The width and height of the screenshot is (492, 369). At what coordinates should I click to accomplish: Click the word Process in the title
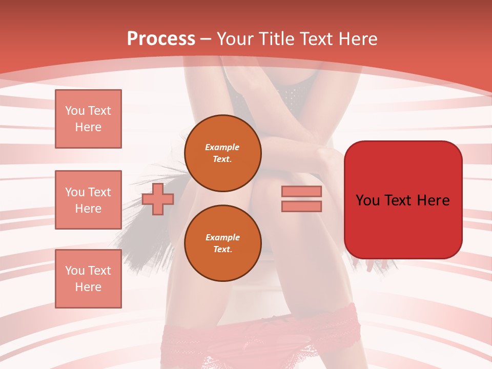click(161, 39)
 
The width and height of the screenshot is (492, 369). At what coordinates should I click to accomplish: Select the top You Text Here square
click(88, 119)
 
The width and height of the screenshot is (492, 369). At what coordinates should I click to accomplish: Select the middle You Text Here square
click(88, 200)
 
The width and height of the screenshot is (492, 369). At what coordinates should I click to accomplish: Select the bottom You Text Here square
click(88, 278)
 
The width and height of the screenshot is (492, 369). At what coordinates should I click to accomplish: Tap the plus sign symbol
click(158, 199)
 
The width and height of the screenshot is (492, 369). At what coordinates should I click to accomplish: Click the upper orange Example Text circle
click(222, 153)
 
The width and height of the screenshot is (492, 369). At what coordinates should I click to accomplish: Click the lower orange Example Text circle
click(222, 243)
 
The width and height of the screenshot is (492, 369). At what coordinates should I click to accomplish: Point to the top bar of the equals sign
click(301, 191)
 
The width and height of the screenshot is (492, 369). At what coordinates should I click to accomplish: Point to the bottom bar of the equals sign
click(301, 206)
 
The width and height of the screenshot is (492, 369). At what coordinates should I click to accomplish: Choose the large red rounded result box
click(403, 199)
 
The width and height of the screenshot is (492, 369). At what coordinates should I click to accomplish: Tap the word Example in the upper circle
click(222, 147)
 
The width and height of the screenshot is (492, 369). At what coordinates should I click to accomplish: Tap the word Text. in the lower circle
click(222, 249)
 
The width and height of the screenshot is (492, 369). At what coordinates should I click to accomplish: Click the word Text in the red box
click(402, 200)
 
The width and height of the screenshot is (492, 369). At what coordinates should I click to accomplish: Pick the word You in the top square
click(74, 111)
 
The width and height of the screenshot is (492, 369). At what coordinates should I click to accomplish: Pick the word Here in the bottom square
click(88, 287)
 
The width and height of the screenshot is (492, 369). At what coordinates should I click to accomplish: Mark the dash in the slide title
click(206, 39)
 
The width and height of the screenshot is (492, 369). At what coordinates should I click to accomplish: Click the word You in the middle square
click(74, 192)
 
